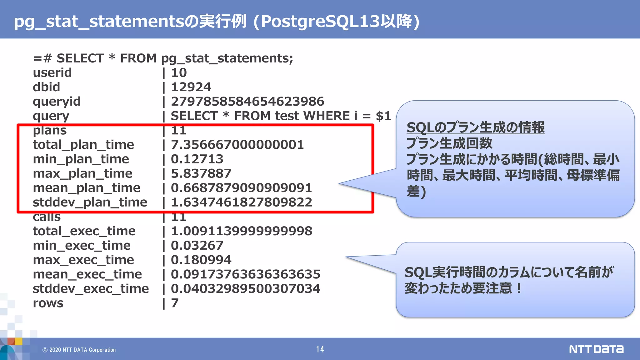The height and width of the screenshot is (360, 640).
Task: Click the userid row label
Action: [52, 73]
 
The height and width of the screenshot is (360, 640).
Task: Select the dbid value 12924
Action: [191, 87]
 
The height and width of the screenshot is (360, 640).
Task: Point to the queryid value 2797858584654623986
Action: [247, 102]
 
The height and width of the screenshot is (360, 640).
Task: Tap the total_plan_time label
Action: [83, 145]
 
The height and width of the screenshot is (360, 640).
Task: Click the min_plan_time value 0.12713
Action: [197, 159]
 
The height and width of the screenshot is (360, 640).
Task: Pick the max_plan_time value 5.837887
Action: [201, 173]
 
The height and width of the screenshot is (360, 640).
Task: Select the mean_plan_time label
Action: [87, 188]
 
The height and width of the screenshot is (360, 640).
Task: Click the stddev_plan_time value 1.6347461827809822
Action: [241, 202]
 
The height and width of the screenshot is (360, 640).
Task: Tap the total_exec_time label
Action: [84, 231]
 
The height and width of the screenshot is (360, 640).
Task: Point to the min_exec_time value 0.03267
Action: [197, 246]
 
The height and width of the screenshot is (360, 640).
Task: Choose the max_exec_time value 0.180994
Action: [201, 260]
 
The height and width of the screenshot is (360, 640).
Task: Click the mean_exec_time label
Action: [87, 274]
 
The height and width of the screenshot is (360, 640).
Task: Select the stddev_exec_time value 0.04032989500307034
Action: [245, 289]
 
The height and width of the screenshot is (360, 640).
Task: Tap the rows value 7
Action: [175, 303]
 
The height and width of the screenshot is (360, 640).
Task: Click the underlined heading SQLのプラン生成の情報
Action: [475, 127]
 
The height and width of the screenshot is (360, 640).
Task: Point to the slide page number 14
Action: [320, 349]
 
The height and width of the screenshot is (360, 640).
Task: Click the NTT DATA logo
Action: [596, 349]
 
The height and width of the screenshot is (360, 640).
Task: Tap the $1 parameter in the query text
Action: [383, 116]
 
